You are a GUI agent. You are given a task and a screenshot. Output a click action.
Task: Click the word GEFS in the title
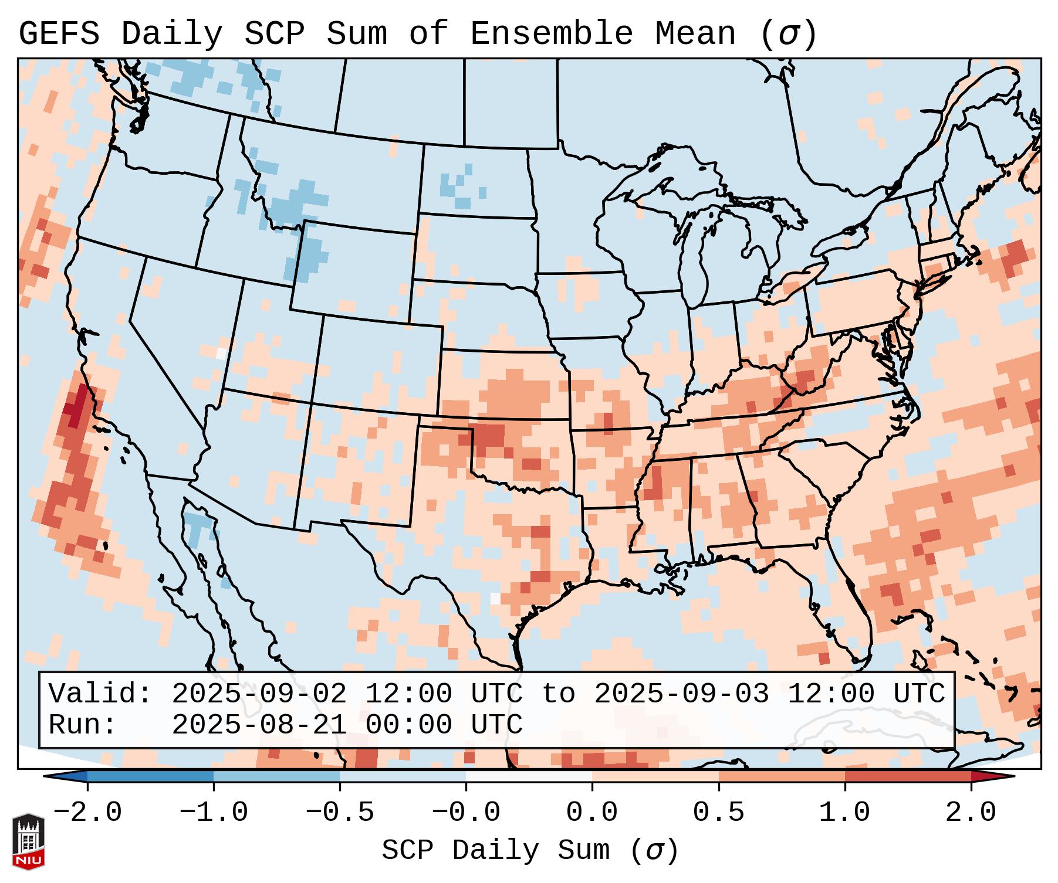pyautogui.click(x=59, y=33)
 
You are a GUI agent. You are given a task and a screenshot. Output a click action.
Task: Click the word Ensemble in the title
pyautogui.click(x=552, y=33)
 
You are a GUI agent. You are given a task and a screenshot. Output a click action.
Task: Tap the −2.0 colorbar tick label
pyautogui.click(x=87, y=813)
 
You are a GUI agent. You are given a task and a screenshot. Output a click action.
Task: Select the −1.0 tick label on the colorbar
pyautogui.click(x=214, y=813)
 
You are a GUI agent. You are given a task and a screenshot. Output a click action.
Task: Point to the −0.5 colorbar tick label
pyautogui.click(x=340, y=813)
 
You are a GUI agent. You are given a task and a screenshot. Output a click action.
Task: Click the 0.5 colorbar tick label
pyautogui.click(x=719, y=813)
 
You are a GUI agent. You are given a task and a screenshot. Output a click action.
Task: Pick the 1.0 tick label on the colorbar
pyautogui.click(x=845, y=813)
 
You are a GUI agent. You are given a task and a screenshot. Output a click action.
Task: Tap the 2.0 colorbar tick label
pyautogui.click(x=971, y=813)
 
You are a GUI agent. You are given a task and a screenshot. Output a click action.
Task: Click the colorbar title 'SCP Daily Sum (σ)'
pyautogui.click(x=530, y=850)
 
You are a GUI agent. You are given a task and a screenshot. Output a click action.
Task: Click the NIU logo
pyautogui.click(x=28, y=841)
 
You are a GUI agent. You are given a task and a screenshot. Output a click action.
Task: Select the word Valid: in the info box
pyautogui.click(x=100, y=694)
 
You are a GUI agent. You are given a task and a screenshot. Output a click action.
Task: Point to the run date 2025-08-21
pyautogui.click(x=259, y=725)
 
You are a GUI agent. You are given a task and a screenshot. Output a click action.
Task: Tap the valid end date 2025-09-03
pyautogui.click(x=681, y=694)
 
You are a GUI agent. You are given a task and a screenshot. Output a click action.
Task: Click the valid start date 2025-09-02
pyautogui.click(x=259, y=694)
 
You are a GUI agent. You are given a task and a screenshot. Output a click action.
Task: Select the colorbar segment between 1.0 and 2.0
pyautogui.click(x=908, y=776)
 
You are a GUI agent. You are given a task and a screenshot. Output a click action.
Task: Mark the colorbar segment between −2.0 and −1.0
pyautogui.click(x=150, y=776)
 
